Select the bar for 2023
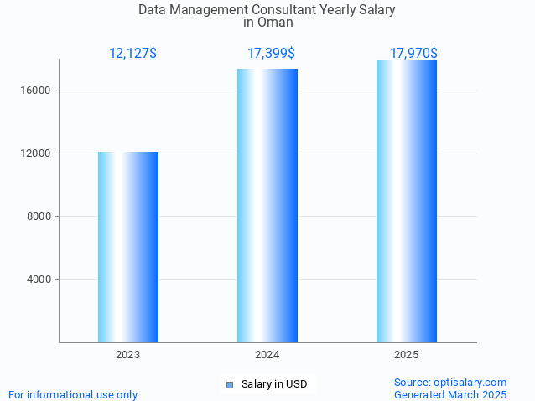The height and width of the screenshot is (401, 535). click(128, 247)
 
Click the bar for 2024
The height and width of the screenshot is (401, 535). click(267, 206)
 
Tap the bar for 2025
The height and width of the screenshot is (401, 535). click(407, 201)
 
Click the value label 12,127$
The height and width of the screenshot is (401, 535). click(132, 54)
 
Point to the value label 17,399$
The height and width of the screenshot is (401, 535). click(271, 54)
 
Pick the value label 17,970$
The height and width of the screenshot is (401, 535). click(413, 54)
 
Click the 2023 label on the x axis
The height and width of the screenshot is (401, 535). click(128, 356)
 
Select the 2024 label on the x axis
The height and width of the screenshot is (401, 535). click(267, 356)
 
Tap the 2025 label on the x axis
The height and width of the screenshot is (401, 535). click(407, 356)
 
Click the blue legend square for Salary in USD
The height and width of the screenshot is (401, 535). click(230, 385)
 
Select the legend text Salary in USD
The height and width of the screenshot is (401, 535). click(274, 385)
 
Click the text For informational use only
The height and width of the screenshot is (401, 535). click(73, 394)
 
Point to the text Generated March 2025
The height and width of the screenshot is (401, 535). click(450, 394)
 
